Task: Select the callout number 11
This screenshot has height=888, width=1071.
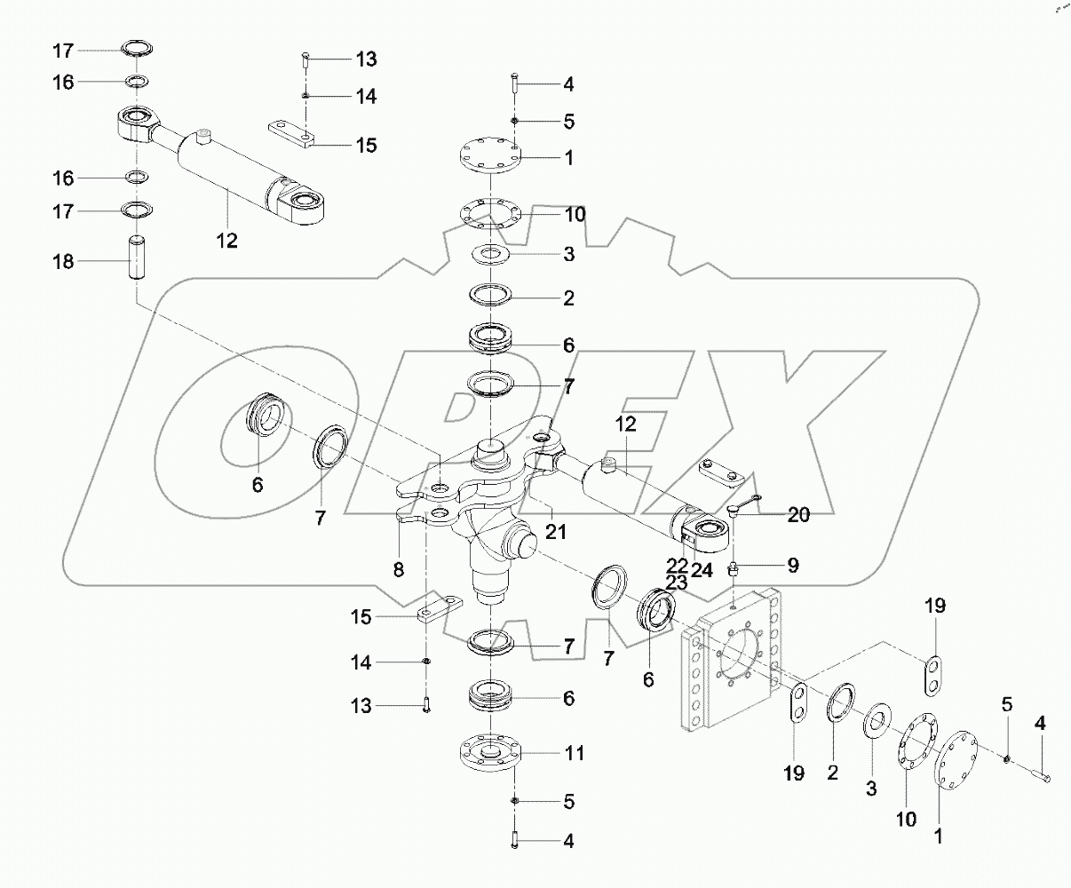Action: [x=575, y=753]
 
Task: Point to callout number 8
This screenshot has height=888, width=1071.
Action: [x=398, y=569]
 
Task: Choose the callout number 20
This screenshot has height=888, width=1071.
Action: [x=798, y=515]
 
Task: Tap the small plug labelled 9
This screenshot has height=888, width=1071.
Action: [x=735, y=569]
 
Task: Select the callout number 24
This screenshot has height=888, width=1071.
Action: [x=702, y=571]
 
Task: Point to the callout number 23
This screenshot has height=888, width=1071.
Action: [x=678, y=583]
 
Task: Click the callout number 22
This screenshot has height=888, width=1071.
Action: [x=678, y=565]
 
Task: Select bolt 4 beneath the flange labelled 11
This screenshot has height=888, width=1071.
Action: [x=515, y=837]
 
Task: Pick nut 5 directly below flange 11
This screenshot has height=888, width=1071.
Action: [x=515, y=801]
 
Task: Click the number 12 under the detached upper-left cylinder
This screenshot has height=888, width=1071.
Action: [x=227, y=240]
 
